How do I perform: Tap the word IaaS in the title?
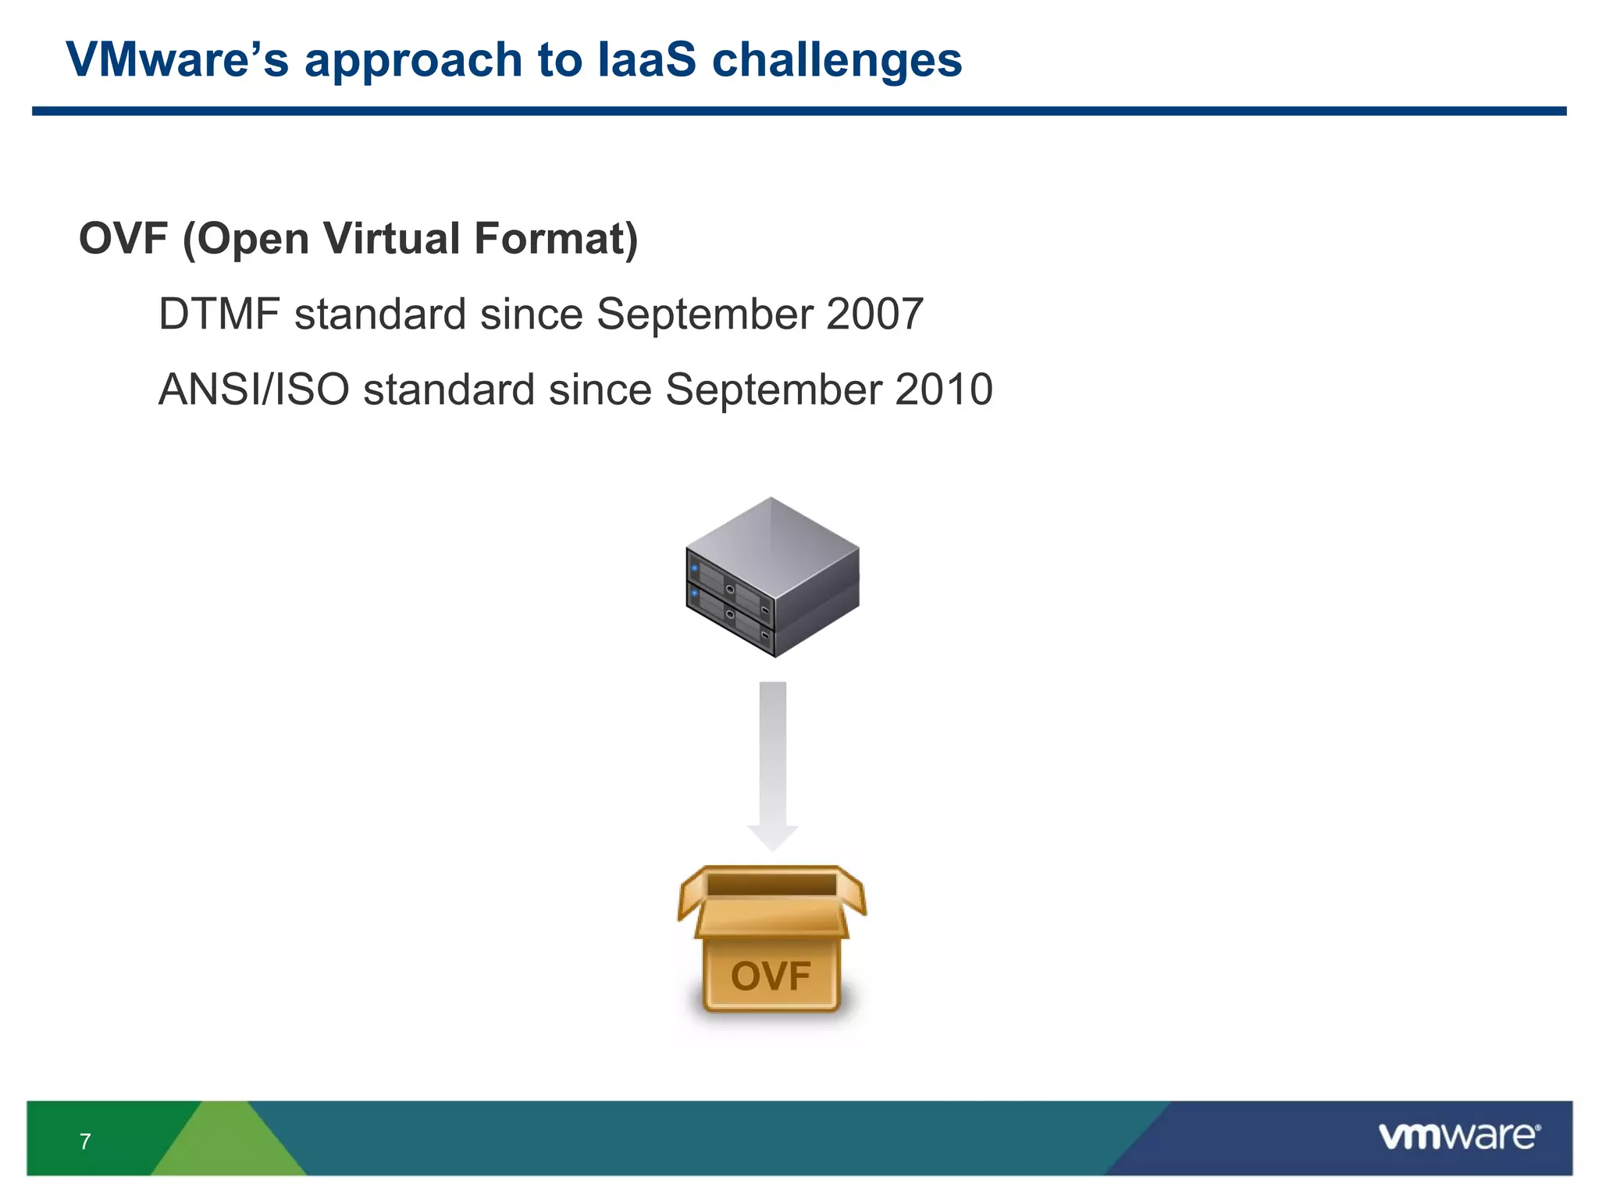646,61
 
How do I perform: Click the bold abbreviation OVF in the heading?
123,239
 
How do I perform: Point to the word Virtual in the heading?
391,239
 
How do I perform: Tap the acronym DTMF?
219,315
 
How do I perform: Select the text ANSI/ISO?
254,390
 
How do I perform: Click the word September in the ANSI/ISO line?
773,390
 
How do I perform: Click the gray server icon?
772,578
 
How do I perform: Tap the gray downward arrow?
772,765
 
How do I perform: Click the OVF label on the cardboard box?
771,977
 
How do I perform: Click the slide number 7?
85,1141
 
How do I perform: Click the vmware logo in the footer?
1458,1136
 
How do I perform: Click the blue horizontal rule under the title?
799,112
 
